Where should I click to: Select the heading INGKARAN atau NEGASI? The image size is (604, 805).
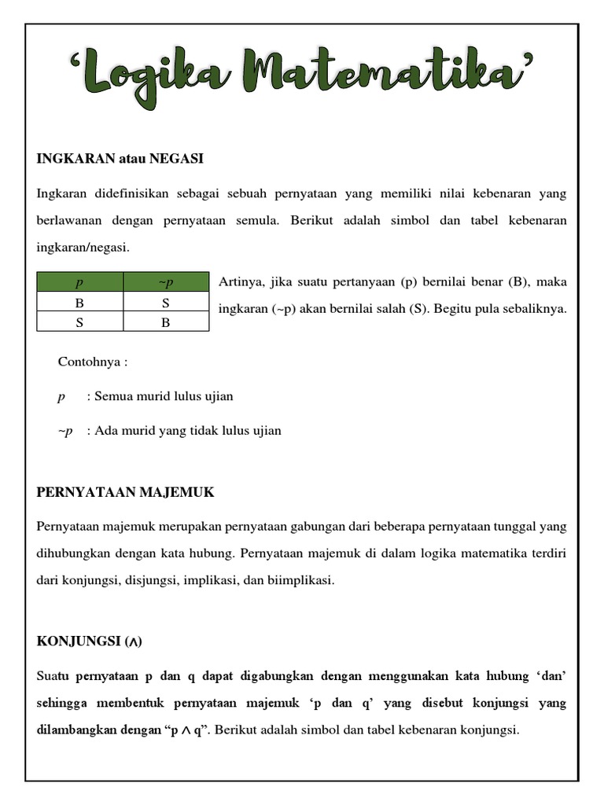(120, 159)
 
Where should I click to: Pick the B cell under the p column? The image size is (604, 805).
(79, 302)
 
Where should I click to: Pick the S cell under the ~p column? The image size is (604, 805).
(166, 302)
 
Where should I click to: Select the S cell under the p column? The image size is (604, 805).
(79, 322)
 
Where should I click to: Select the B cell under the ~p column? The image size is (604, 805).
(166, 322)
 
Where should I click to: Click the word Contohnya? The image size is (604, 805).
(88, 362)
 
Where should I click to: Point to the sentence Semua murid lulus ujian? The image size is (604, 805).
(164, 396)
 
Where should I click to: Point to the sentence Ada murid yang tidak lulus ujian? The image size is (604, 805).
(188, 431)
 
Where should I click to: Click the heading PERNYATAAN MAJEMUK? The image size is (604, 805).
(125, 492)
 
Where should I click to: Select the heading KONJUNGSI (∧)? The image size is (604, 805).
(90, 641)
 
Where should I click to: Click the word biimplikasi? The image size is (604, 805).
(303, 580)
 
